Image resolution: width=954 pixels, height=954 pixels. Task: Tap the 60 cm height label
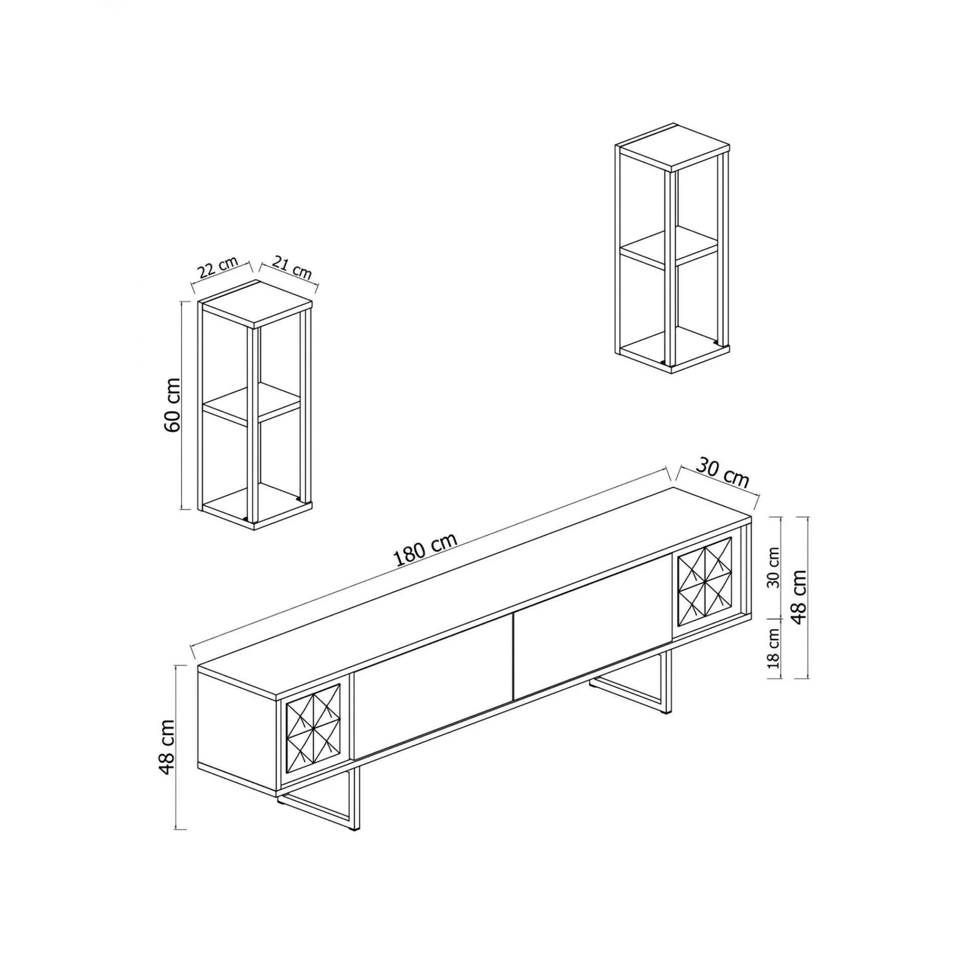pyautogui.click(x=172, y=405)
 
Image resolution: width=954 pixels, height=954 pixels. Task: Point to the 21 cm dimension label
pyautogui.click(x=292, y=268)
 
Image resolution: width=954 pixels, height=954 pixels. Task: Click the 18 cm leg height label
pyautogui.click(x=774, y=648)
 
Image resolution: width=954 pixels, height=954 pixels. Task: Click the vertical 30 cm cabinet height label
pyautogui.click(x=774, y=567)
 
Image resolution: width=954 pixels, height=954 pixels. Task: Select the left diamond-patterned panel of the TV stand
pyautogui.click(x=313, y=724)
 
